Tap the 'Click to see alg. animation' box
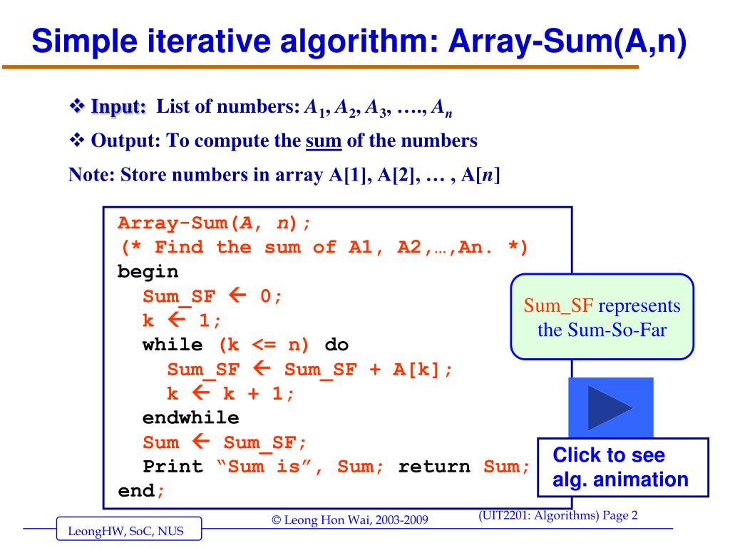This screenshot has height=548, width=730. (x=622, y=467)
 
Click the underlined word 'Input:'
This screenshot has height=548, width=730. (x=118, y=108)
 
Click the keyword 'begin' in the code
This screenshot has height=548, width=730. (x=148, y=272)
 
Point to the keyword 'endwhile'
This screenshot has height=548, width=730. (x=190, y=417)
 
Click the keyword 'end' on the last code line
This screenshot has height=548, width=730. (x=135, y=491)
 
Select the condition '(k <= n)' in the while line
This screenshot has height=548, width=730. (x=264, y=345)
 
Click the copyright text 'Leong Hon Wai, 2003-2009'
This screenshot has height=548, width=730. (x=351, y=519)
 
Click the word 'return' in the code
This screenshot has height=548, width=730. (x=434, y=467)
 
